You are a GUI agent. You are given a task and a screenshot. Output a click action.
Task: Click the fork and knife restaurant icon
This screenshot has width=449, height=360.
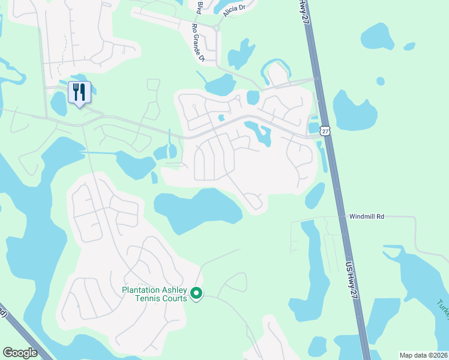click(79, 92)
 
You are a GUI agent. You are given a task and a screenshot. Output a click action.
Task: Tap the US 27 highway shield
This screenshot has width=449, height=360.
click(325, 130)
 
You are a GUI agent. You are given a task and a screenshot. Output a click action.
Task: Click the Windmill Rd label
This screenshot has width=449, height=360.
click(366, 216)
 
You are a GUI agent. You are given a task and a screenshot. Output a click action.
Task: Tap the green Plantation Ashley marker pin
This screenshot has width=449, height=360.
click(196, 293)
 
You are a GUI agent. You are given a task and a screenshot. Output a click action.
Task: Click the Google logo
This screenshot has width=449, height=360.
click(20, 353)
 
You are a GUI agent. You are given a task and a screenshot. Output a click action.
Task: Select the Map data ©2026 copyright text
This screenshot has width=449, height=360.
click(423, 355)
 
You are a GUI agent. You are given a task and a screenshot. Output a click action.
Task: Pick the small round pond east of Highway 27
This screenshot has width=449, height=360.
click(381, 80)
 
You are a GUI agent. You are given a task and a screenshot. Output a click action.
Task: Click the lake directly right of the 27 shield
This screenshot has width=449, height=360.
click(354, 111)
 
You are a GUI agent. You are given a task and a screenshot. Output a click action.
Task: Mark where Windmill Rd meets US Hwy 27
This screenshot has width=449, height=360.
click(340, 216)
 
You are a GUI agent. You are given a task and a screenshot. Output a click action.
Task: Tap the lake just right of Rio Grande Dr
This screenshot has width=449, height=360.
click(241, 54)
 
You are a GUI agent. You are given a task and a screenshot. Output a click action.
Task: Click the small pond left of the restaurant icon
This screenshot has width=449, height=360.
click(59, 104)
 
